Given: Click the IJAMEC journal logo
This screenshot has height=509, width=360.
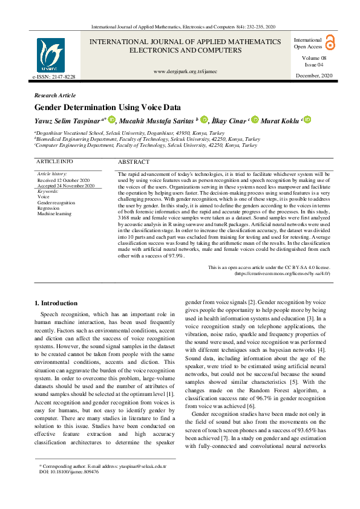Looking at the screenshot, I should click(x=51, y=56).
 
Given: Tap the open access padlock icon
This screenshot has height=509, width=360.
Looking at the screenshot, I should click(x=330, y=42).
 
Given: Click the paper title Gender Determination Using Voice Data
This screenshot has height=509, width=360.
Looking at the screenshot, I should click(x=108, y=107).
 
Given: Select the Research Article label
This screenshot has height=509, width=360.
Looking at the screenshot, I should click(x=55, y=96).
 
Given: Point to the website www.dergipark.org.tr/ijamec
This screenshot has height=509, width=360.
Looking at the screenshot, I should click(x=185, y=71).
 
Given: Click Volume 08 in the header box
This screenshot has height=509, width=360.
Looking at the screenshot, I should click(x=313, y=57).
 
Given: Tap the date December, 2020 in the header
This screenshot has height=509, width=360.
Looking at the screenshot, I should click(x=313, y=76).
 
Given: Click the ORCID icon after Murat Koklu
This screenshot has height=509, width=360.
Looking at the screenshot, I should click(x=307, y=120).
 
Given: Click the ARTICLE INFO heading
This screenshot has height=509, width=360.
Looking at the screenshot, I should click(x=55, y=162).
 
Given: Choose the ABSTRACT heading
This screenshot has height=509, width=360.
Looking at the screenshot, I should click(x=133, y=162).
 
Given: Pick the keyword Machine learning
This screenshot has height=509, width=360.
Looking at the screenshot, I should click(x=54, y=213).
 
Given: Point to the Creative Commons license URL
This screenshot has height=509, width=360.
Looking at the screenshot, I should click(x=282, y=273).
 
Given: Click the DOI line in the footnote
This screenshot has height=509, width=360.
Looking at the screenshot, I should click(x=69, y=472).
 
